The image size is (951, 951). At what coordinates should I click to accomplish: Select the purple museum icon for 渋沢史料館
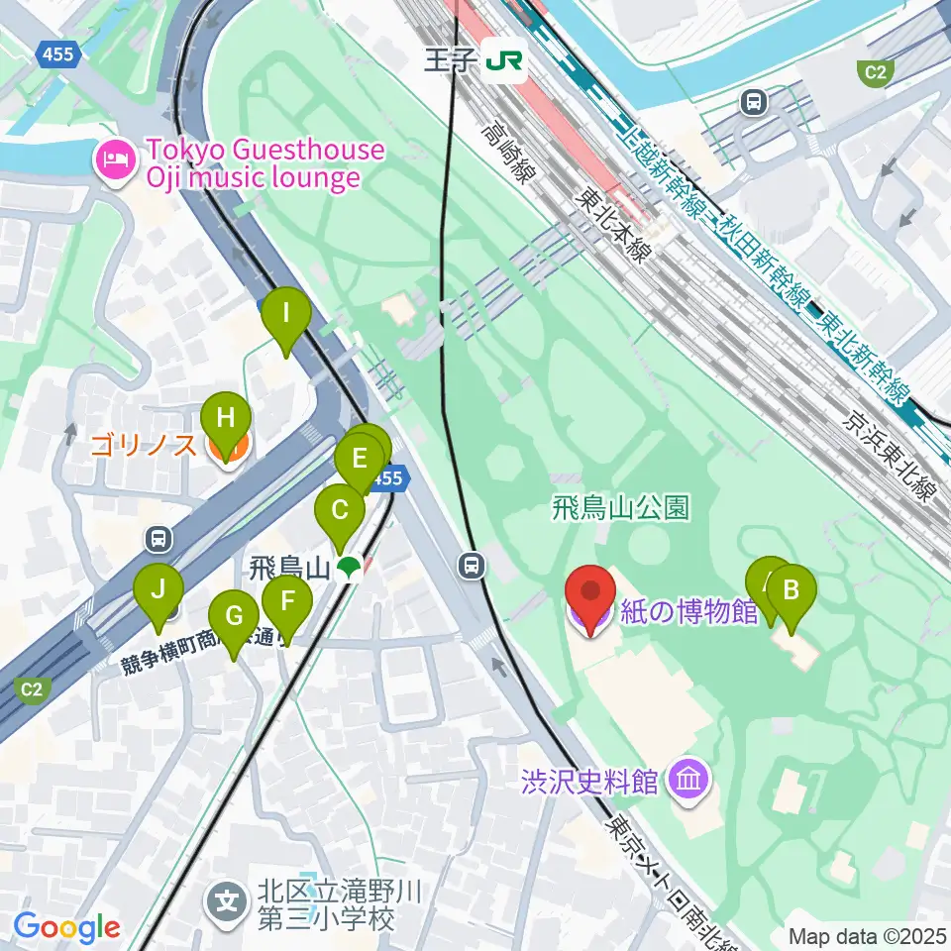[x=687, y=781]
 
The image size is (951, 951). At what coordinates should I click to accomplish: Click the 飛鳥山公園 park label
[x=621, y=508]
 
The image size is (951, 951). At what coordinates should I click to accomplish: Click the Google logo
[x=66, y=928]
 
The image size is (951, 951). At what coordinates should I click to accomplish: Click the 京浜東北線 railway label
[x=890, y=456]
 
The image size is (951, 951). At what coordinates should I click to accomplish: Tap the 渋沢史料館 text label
[x=589, y=781]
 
